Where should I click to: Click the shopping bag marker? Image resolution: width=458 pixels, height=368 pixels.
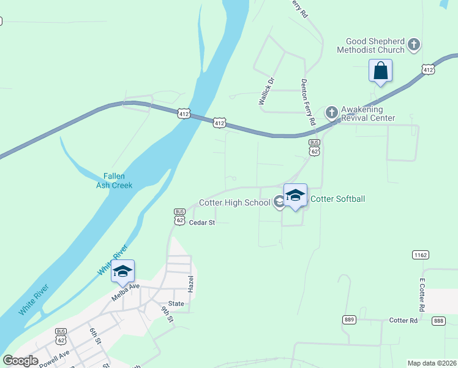(380, 71)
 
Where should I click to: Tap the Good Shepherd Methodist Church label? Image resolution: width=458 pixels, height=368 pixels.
(375, 45)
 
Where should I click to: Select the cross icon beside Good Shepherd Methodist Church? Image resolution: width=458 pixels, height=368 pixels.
(414, 45)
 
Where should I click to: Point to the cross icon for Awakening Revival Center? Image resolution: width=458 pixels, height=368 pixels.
(331, 112)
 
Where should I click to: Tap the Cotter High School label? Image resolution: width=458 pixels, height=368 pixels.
(235, 202)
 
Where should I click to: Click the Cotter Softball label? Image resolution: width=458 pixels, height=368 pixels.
(339, 199)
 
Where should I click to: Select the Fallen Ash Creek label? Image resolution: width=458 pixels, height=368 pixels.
(114, 180)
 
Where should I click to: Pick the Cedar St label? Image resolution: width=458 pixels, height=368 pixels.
(202, 223)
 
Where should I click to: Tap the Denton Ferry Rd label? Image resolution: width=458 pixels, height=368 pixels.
(307, 102)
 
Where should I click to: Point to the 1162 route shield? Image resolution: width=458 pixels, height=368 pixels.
(420, 254)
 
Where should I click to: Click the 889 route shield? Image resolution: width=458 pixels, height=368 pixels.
(349, 320)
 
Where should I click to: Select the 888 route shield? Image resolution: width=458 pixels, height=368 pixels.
(438, 321)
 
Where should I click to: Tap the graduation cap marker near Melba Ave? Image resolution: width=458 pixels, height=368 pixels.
(122, 272)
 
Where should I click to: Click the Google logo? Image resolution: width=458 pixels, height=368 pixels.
(20, 361)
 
